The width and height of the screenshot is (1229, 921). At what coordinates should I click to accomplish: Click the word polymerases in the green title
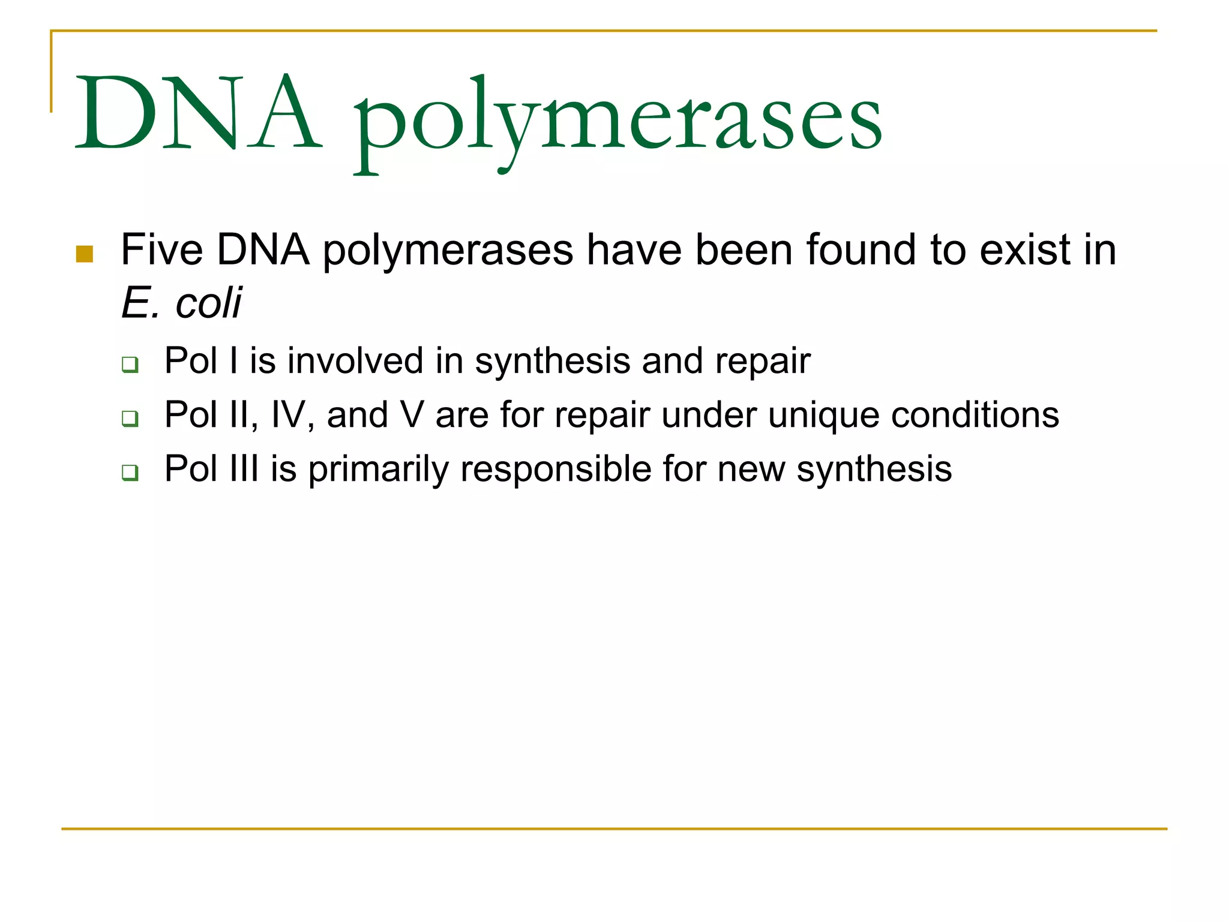(x=618, y=120)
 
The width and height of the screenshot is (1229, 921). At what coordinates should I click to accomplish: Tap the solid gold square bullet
(x=85, y=254)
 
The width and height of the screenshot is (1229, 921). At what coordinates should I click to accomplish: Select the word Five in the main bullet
(x=161, y=249)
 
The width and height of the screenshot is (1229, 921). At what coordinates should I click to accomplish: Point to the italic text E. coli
(x=181, y=303)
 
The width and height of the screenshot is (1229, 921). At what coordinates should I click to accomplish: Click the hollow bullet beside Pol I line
(x=130, y=364)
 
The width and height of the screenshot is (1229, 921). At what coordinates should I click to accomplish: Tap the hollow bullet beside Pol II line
(x=130, y=418)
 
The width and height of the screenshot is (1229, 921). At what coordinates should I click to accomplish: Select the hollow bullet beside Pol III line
(x=130, y=472)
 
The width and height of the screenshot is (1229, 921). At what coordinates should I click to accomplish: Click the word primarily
(x=378, y=469)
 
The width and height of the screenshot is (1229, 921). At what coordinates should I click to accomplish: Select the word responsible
(x=555, y=468)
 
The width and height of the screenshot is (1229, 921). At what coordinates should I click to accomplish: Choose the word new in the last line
(x=751, y=469)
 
